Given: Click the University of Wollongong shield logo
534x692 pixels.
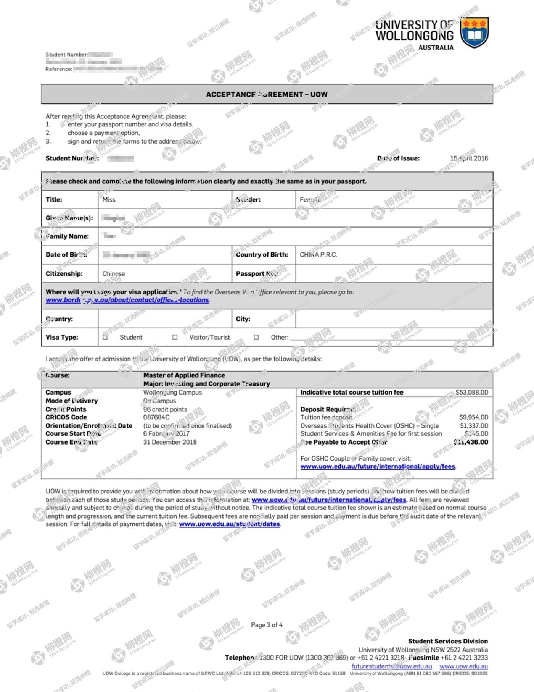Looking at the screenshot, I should click(474, 33).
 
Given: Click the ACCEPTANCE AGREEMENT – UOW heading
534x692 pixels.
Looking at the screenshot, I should click(267, 94).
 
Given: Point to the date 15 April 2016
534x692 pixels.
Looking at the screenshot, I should click(469, 158).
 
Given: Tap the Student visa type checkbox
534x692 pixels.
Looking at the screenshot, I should click(105, 337).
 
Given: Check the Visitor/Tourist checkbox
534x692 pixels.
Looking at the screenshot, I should click(175, 337).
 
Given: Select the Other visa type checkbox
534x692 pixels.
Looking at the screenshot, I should click(256, 337).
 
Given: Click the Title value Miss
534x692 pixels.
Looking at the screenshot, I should click(109, 199).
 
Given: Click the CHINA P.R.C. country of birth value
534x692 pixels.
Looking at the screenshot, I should click(318, 255).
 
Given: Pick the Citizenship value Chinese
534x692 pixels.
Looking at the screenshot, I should click(114, 273).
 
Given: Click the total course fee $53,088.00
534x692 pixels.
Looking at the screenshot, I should click(471, 392).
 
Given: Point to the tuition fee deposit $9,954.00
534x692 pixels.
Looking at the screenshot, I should click(473, 417).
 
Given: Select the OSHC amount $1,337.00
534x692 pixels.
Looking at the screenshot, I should click(474, 425).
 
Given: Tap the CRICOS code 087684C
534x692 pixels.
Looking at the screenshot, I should click(156, 417).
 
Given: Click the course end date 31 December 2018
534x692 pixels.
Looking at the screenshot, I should click(170, 442).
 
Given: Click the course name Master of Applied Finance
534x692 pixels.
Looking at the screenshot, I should click(184, 375).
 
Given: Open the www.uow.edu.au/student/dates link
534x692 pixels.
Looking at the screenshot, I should click(230, 524).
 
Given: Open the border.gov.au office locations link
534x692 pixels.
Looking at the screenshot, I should click(127, 300).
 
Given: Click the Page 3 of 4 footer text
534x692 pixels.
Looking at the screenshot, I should click(267, 625).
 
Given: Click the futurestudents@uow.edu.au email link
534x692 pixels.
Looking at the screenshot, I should click(392, 666).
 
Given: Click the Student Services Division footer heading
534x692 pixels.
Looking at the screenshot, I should click(448, 641).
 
